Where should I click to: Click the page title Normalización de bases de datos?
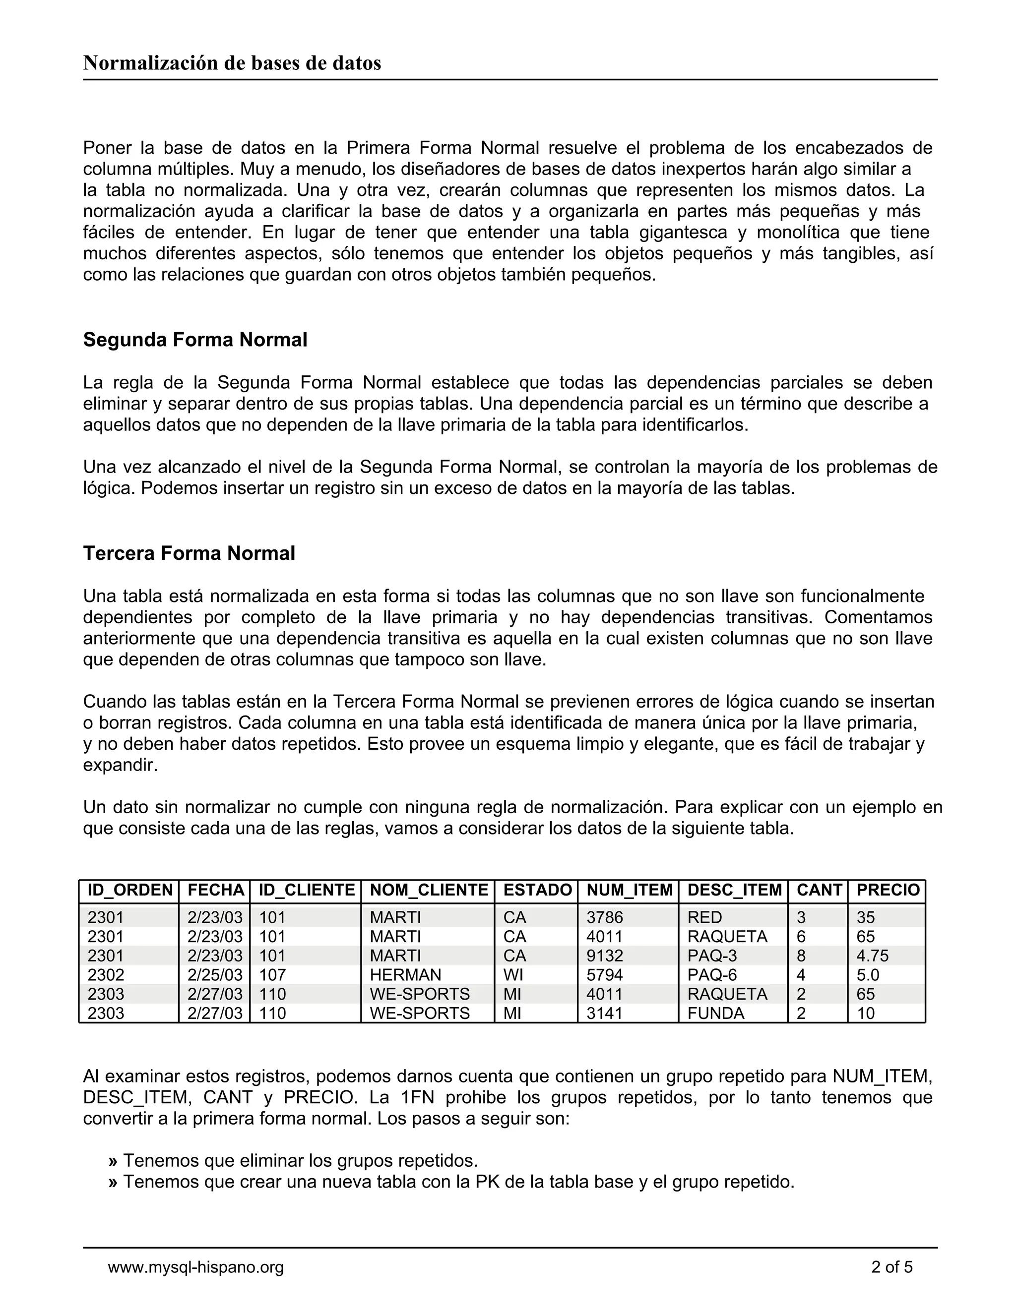click(x=232, y=63)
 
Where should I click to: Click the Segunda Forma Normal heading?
click(x=195, y=340)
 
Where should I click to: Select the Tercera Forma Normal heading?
click(x=189, y=553)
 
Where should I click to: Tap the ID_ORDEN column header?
click(x=130, y=890)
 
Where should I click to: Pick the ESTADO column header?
click(x=537, y=890)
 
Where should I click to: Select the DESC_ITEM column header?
click(x=734, y=890)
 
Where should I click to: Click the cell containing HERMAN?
click(x=405, y=975)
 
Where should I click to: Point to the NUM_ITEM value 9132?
click(x=604, y=956)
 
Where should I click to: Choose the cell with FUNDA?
click(x=716, y=1013)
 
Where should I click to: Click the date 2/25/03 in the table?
click(x=215, y=975)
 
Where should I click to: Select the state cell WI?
click(x=513, y=975)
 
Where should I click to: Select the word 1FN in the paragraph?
click(x=417, y=1097)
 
